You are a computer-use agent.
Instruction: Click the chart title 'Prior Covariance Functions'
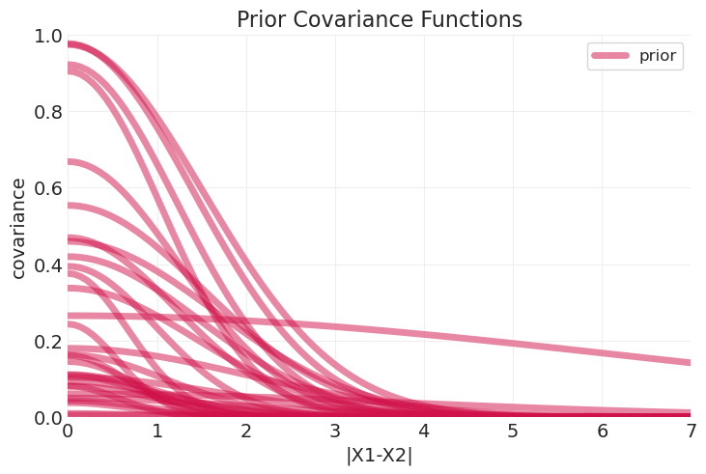(x=379, y=19)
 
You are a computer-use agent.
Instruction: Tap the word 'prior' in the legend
(x=658, y=56)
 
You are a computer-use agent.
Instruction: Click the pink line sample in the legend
(x=610, y=56)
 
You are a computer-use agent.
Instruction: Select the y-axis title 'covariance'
(x=18, y=227)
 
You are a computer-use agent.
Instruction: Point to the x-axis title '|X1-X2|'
(x=379, y=456)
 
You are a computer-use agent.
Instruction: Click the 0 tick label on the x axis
(x=68, y=431)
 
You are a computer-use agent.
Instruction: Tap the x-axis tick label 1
(x=157, y=431)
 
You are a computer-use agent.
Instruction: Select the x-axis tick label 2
(x=246, y=431)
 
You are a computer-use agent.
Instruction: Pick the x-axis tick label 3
(x=335, y=431)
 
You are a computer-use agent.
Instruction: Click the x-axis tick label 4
(x=424, y=431)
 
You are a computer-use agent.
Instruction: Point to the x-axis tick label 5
(x=513, y=431)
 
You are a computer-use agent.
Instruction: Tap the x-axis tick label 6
(x=603, y=431)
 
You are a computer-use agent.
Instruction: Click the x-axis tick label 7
(x=692, y=431)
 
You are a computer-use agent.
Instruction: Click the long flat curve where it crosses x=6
(x=603, y=352)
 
